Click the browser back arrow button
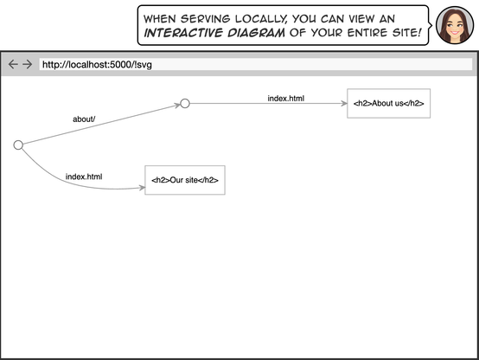[x=13, y=64]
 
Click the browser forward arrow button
[x=27, y=64]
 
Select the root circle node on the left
[x=18, y=145]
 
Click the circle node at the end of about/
[x=184, y=104]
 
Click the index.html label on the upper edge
[x=285, y=98]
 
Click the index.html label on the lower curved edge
[x=84, y=177]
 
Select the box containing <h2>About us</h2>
[x=388, y=104]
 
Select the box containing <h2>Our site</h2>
[x=185, y=180]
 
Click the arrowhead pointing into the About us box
[x=343, y=104]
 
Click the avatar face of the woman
[x=453, y=25]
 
